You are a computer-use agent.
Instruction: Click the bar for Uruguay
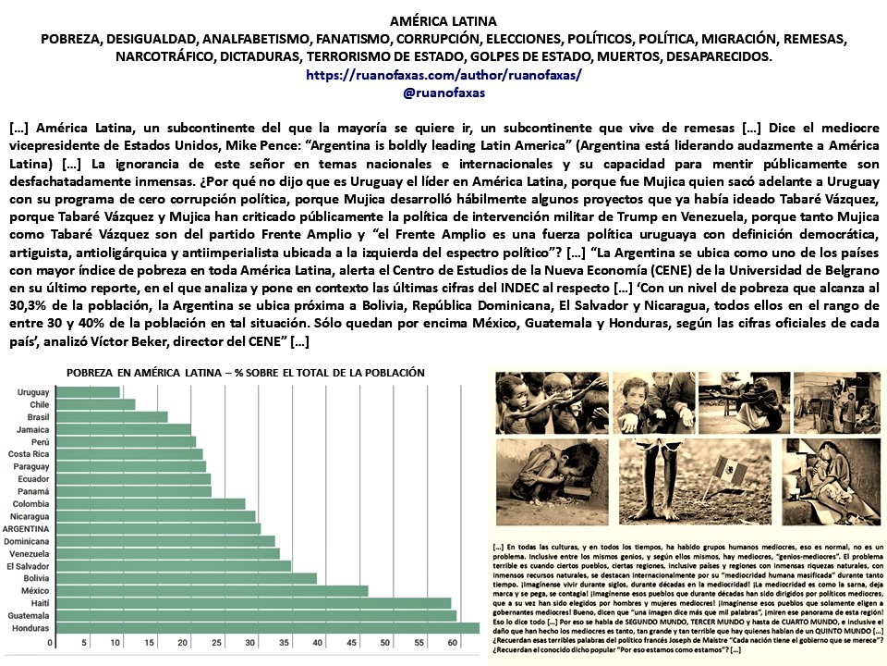pyautogui.click(x=88, y=392)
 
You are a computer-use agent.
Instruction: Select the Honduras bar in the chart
pyautogui.click(x=268, y=628)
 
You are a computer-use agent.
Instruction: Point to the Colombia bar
pyautogui.click(x=151, y=504)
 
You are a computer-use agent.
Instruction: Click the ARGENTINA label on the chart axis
pyautogui.click(x=27, y=529)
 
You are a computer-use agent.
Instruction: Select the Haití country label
pyautogui.click(x=38, y=603)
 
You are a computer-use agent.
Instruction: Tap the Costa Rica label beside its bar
pyautogui.click(x=30, y=454)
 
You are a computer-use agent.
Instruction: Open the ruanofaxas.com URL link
pyautogui.click(x=443, y=76)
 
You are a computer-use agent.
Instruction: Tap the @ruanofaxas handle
pyautogui.click(x=443, y=92)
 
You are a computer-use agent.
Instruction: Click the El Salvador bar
pyautogui.click(x=174, y=566)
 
